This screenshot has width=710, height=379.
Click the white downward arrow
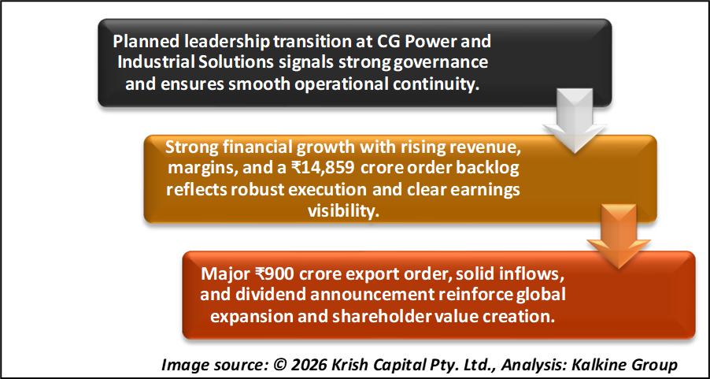575,120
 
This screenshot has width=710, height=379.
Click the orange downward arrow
619,236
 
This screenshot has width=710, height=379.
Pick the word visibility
343,211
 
